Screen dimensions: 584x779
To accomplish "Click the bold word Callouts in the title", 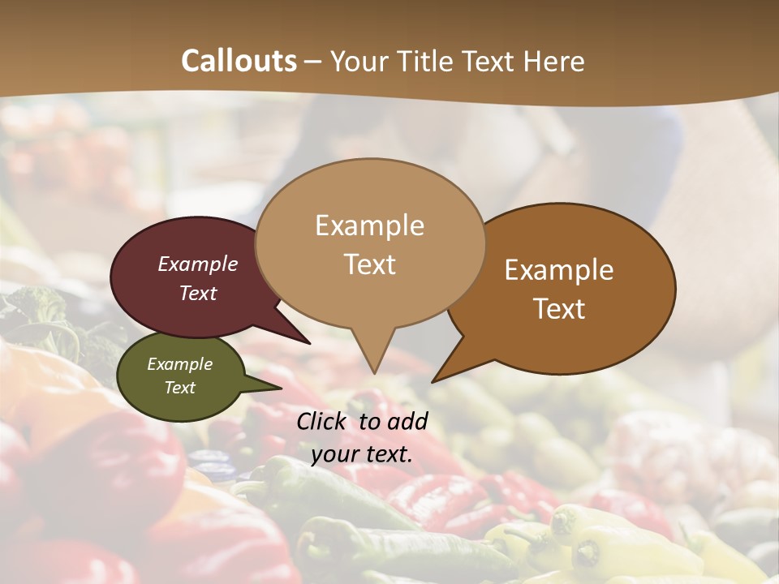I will click(x=239, y=61).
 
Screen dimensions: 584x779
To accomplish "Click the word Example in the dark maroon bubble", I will click(x=198, y=264).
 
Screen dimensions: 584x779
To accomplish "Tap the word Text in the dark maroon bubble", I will click(x=198, y=293).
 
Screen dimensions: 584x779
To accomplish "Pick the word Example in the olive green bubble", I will click(x=180, y=364).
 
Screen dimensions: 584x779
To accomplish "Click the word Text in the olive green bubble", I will click(x=180, y=388).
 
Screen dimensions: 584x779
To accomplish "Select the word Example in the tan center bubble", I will click(x=369, y=225).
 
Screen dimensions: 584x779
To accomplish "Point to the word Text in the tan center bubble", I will click(x=370, y=264).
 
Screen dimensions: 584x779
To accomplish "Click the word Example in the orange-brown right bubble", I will click(x=559, y=269).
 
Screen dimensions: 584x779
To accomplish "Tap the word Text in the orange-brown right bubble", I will click(x=560, y=308).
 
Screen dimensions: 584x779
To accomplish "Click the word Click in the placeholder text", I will click(x=323, y=421).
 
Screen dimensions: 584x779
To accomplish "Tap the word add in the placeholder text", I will click(x=407, y=421).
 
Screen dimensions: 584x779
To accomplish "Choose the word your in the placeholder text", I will click(x=335, y=454).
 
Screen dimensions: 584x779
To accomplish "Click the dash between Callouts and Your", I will click(x=314, y=62).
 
